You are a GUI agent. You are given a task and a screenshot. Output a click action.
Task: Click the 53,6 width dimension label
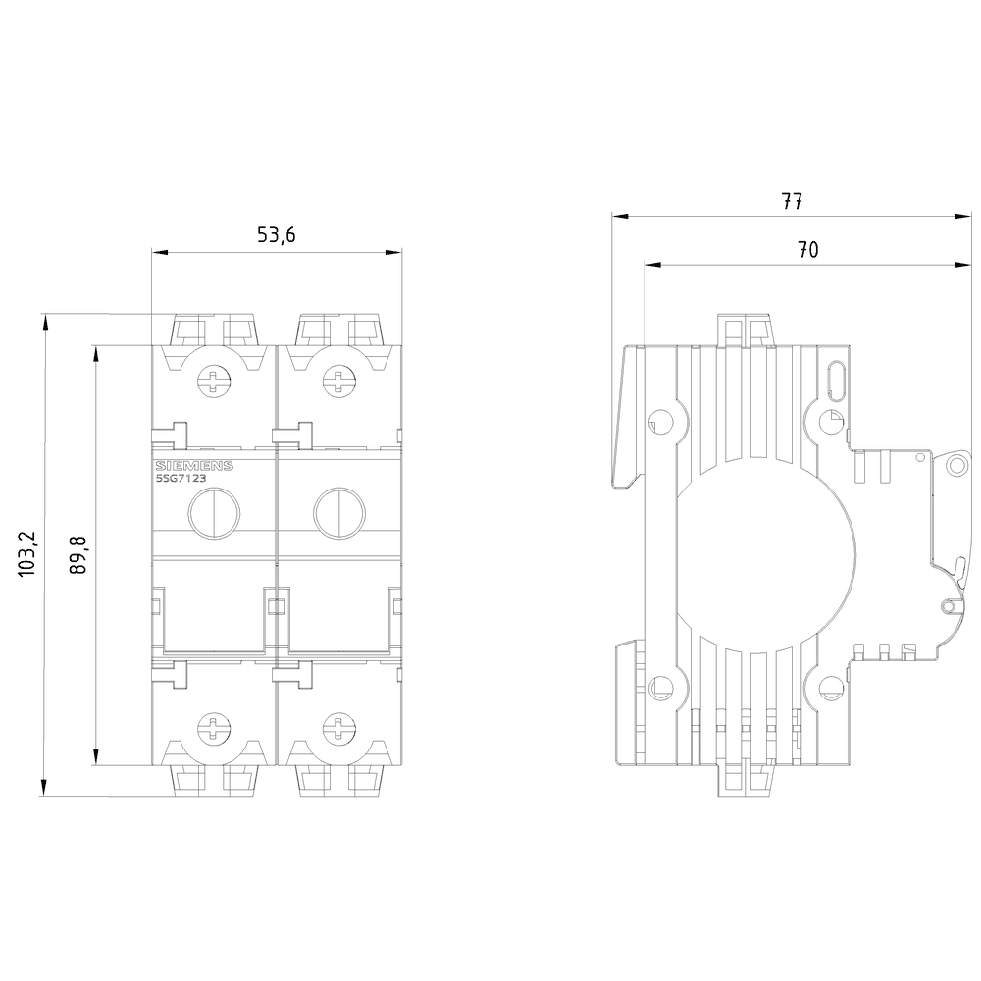(x=276, y=234)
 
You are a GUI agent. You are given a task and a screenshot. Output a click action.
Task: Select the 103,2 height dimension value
(x=28, y=555)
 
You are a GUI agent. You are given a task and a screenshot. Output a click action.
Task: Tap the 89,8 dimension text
(x=78, y=555)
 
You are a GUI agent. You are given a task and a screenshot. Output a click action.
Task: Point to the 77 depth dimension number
(x=792, y=201)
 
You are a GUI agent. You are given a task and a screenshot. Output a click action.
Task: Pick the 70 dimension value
(x=807, y=249)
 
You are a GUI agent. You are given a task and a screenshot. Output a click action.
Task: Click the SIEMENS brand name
(x=194, y=466)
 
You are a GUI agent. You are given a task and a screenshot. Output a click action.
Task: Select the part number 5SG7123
(x=181, y=478)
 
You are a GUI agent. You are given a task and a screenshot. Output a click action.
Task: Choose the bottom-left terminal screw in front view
(x=214, y=728)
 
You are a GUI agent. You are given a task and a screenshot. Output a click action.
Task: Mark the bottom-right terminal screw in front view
(x=338, y=728)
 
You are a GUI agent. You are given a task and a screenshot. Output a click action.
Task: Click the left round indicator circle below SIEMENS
(x=214, y=514)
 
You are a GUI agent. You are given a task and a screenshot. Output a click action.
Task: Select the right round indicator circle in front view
(x=339, y=514)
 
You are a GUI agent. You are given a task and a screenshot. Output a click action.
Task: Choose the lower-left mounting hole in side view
(x=659, y=688)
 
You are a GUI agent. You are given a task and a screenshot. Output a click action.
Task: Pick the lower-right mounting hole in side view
(x=831, y=688)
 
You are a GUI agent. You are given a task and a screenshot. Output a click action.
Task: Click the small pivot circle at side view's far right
(x=955, y=464)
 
